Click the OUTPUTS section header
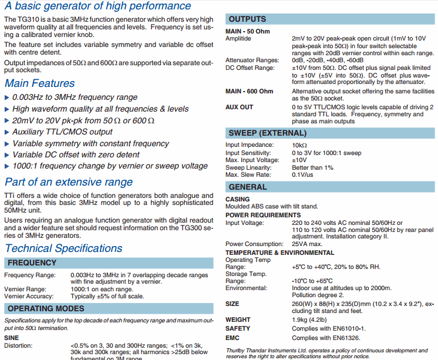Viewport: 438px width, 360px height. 247,19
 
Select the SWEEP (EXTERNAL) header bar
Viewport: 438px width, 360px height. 259,133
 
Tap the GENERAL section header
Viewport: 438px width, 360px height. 247,187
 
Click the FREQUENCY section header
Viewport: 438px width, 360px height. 32,263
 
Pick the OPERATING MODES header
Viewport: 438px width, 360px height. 46,308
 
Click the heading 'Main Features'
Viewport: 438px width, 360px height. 39,83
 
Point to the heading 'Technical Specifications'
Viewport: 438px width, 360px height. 63,248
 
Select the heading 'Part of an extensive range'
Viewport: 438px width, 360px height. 69,182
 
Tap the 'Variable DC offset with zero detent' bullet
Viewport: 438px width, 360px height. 76,154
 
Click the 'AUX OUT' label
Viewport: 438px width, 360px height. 239,107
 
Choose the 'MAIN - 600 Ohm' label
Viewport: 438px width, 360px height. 249,92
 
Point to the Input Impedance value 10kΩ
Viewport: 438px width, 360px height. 299,144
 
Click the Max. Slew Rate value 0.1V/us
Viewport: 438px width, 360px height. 302,174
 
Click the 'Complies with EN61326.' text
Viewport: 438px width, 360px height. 326,338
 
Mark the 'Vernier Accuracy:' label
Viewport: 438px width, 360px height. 29,296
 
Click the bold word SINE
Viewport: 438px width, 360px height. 11,338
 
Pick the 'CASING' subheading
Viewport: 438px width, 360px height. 237,200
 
